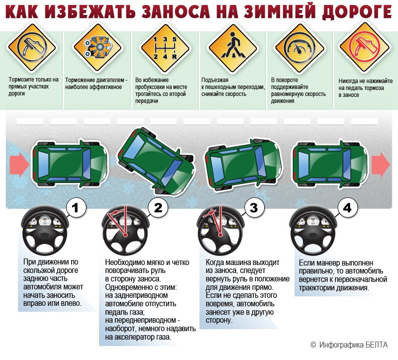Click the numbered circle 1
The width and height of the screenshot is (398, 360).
tap(76, 208)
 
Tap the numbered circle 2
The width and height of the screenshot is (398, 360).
tap(158, 208)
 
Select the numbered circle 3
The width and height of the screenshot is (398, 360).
tap(254, 208)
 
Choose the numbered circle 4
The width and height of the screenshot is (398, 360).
tap(347, 208)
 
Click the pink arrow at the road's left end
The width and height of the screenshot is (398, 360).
tap(19, 165)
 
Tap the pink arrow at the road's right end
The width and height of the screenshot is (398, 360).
tap(381, 165)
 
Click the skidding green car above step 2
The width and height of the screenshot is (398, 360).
tap(156, 161)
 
